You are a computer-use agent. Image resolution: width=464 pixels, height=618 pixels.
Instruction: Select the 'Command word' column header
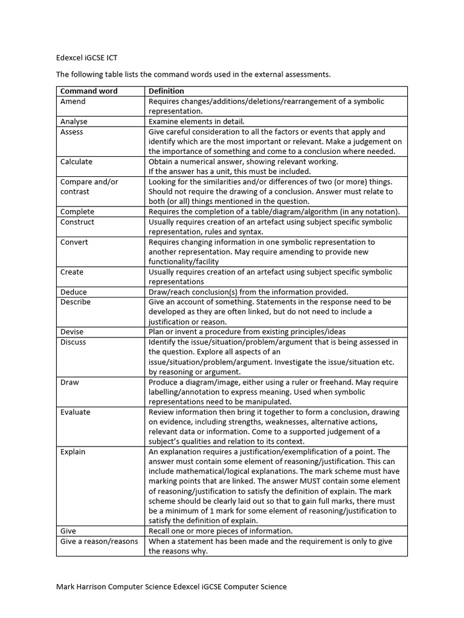(x=89, y=91)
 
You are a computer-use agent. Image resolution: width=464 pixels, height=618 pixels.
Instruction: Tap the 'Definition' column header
(x=167, y=91)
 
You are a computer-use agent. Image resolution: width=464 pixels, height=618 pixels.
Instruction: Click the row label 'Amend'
(x=73, y=101)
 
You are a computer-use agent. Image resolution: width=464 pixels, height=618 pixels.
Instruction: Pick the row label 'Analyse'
(x=74, y=121)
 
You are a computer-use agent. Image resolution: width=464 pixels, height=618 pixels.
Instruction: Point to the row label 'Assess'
(x=72, y=132)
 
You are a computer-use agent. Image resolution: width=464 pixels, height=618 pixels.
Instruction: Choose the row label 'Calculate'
(x=77, y=162)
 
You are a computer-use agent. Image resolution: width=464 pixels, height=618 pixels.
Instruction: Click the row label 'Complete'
(x=77, y=212)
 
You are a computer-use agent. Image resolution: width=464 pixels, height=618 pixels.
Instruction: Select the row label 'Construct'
(x=77, y=221)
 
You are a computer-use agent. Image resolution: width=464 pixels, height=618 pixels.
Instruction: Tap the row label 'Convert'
(x=74, y=242)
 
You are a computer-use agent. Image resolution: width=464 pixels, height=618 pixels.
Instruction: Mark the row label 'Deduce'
(x=74, y=292)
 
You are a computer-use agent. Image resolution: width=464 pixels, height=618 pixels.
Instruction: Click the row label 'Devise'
(x=72, y=332)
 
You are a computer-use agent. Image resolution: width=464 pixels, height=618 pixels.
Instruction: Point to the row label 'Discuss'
(x=73, y=342)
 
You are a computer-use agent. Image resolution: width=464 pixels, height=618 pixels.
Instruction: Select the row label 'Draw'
(x=69, y=382)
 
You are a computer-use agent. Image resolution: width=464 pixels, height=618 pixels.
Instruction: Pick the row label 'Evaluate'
(x=76, y=412)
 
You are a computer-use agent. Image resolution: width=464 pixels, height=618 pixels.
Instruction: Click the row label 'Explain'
(x=73, y=451)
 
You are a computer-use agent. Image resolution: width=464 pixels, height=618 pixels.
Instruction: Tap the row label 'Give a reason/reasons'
(x=99, y=541)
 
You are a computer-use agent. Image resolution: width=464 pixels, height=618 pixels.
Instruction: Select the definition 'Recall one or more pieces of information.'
(x=221, y=531)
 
